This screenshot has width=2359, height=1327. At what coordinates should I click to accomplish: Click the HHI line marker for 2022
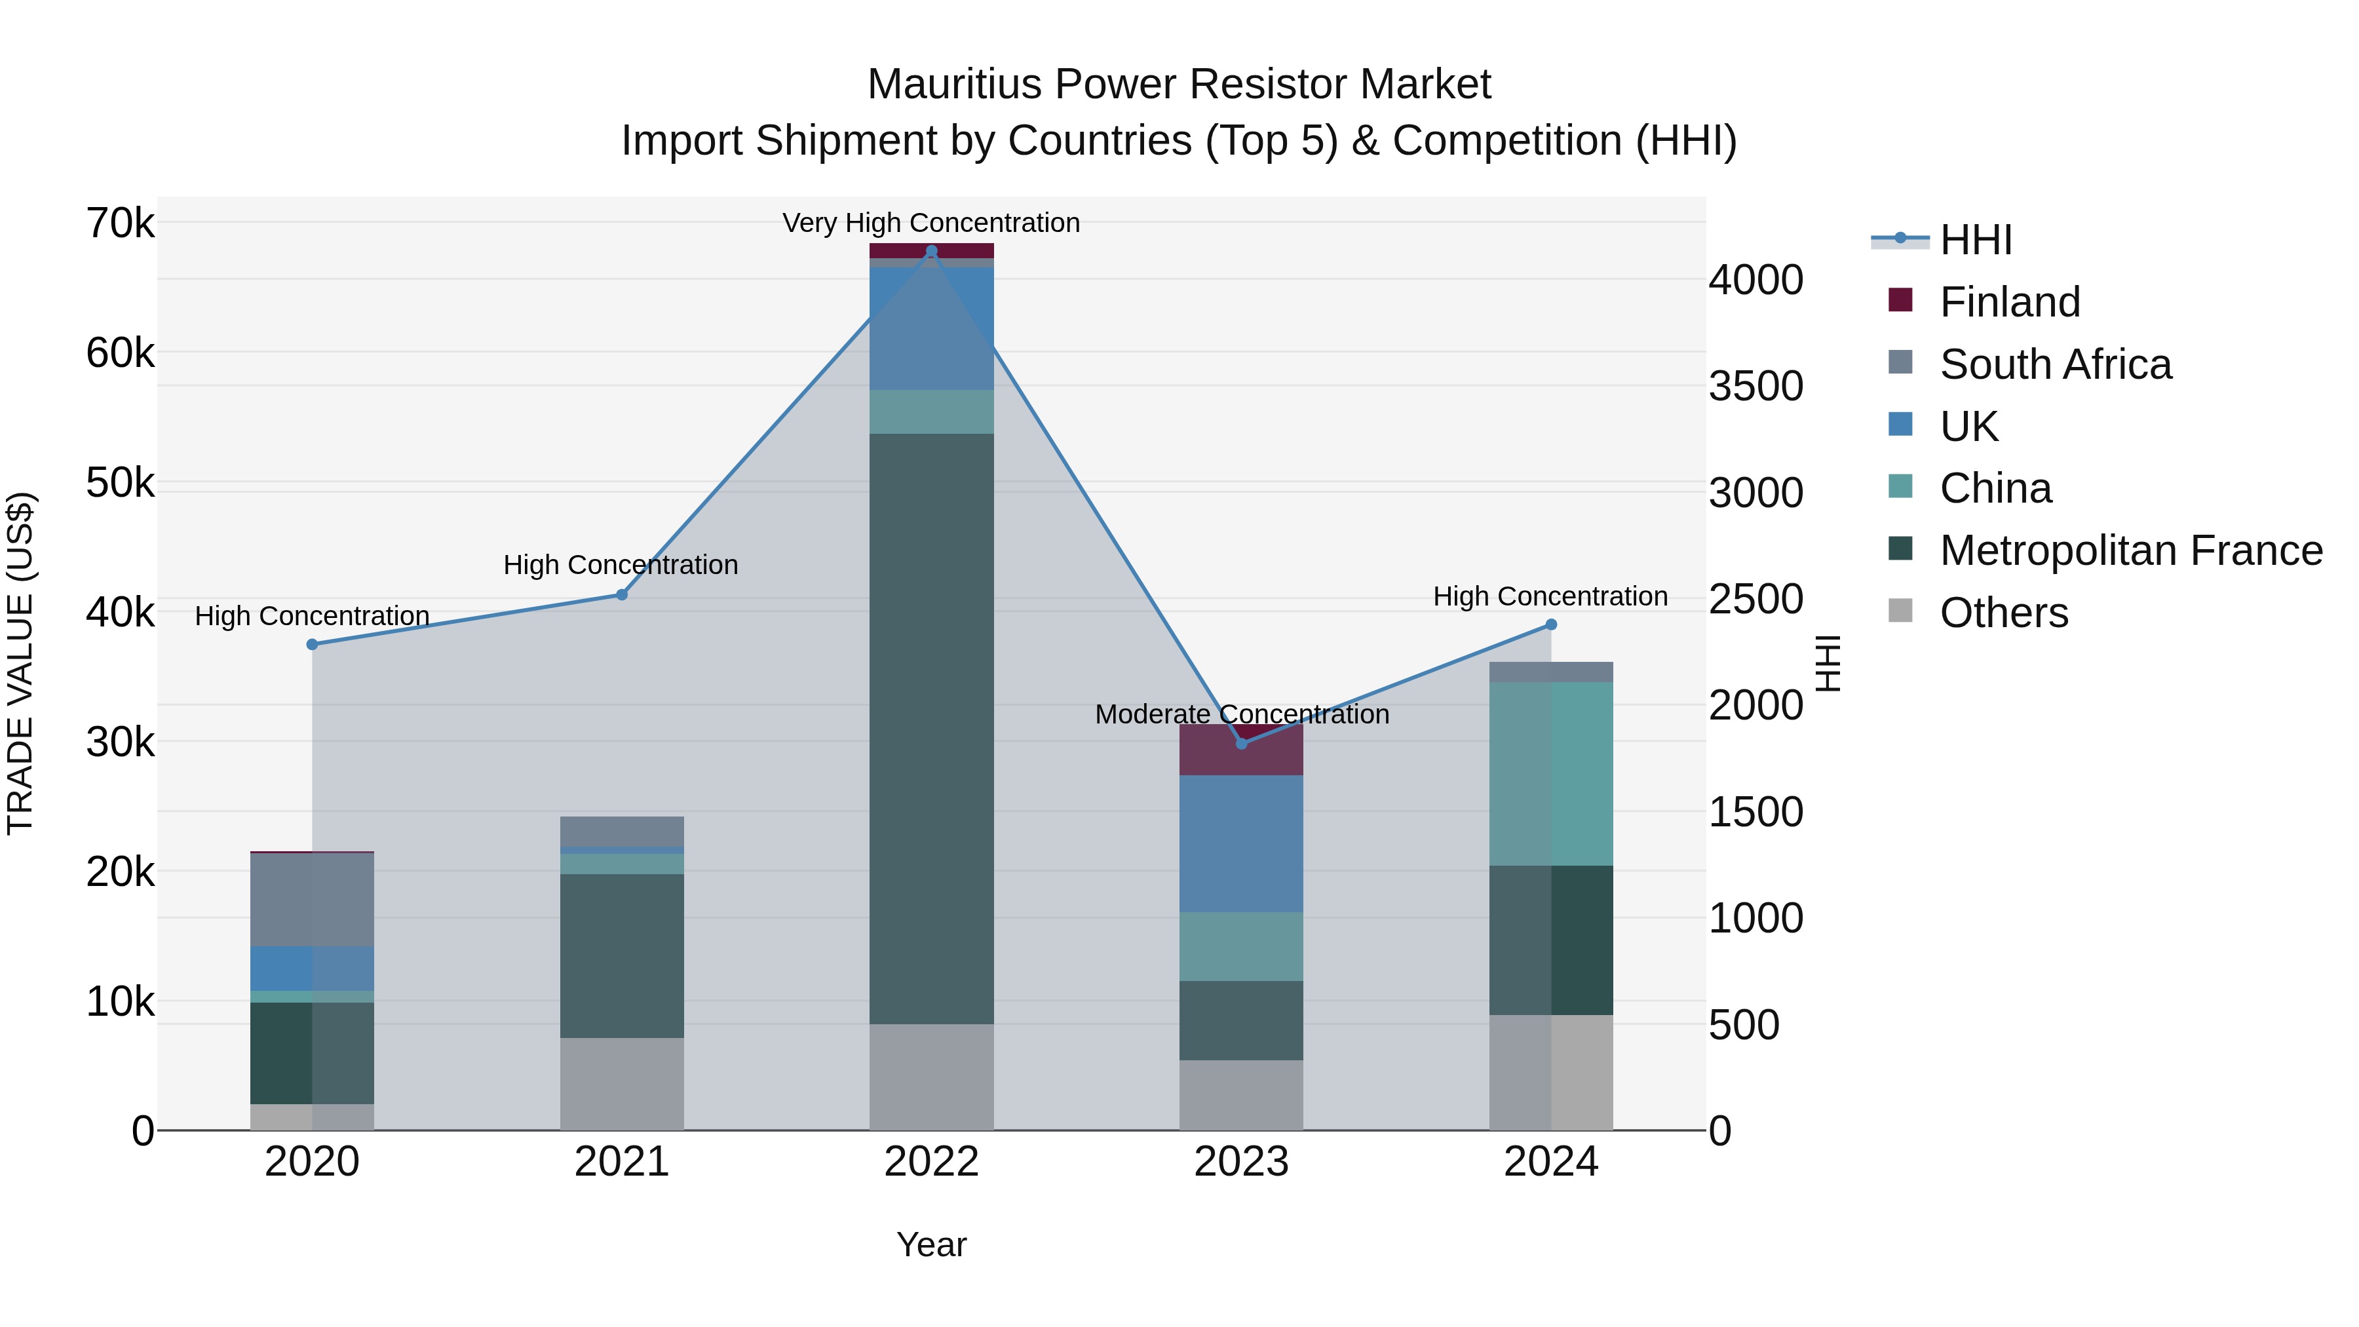tap(931, 251)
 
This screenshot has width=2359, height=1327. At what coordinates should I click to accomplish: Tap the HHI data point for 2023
tap(1241, 744)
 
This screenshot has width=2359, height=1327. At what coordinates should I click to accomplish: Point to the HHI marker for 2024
tap(1550, 625)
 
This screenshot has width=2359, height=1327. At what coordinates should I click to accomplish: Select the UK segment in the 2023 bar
tap(1241, 843)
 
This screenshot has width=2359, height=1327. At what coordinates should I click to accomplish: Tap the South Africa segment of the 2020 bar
tap(313, 899)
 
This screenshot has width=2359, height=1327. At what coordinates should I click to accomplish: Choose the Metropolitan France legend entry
tap(2130, 550)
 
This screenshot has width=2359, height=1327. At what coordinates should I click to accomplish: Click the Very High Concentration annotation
tap(931, 223)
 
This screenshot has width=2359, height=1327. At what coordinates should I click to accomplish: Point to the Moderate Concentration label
tap(1241, 714)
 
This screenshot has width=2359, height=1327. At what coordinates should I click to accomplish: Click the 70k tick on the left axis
tap(120, 223)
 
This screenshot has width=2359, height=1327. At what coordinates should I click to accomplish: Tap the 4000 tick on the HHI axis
tap(1755, 280)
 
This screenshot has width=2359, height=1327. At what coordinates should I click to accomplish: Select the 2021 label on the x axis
tap(622, 1162)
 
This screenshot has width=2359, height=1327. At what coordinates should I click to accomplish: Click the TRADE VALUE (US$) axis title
tap(20, 663)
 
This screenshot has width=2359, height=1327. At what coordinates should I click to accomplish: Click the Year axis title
tap(931, 1244)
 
